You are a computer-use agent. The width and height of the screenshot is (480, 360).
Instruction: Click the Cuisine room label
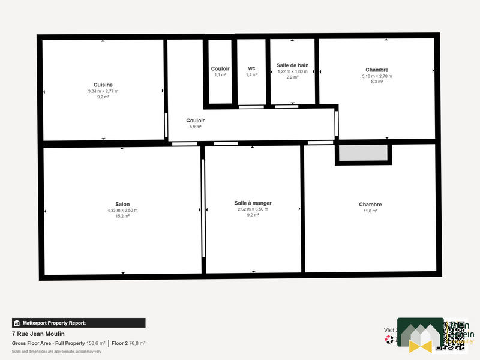[103, 85]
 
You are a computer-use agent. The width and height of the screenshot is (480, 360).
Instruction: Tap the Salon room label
[122, 204]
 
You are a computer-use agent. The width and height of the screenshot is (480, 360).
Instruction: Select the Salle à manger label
[253, 203]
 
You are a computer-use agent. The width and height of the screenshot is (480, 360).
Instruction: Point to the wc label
[251, 68]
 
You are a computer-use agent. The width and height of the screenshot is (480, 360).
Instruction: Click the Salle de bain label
[292, 65]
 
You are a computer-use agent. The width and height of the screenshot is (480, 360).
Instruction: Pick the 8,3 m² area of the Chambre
[377, 82]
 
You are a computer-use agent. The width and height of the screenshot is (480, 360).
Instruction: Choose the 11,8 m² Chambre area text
[370, 211]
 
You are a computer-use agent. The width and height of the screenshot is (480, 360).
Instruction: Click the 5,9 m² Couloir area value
[195, 127]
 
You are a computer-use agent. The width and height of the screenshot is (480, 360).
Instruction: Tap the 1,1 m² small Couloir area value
[220, 75]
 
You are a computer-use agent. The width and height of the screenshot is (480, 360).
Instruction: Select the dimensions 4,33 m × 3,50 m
[122, 210]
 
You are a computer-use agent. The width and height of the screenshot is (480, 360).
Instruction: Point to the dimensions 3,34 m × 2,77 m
[103, 91]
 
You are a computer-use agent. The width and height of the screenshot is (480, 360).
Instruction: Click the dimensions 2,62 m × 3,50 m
[253, 209]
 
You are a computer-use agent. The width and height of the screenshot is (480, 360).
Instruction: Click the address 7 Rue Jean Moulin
[38, 334]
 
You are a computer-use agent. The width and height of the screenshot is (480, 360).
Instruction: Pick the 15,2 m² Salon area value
[122, 215]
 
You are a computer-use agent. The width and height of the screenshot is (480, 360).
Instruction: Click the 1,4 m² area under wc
[251, 75]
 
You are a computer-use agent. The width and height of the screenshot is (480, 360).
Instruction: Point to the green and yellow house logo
[420, 335]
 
